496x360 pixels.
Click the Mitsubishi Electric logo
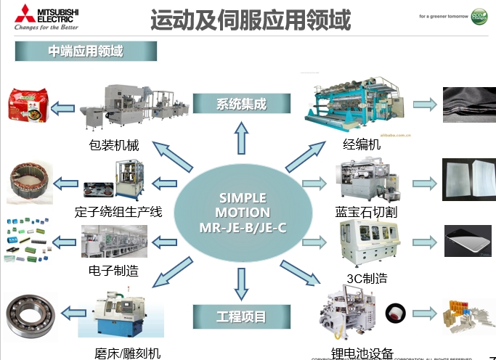point(45,17)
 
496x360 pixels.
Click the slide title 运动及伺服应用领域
point(251,20)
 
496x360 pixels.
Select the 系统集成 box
point(241,104)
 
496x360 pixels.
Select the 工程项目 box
point(241,316)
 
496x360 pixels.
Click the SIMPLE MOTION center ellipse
point(243,212)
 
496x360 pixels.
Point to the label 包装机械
point(114,144)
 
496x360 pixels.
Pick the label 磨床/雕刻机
point(128,353)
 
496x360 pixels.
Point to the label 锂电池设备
point(362,353)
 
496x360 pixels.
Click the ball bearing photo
point(30,315)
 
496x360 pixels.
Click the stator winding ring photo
point(29,182)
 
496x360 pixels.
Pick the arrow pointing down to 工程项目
point(241,282)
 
